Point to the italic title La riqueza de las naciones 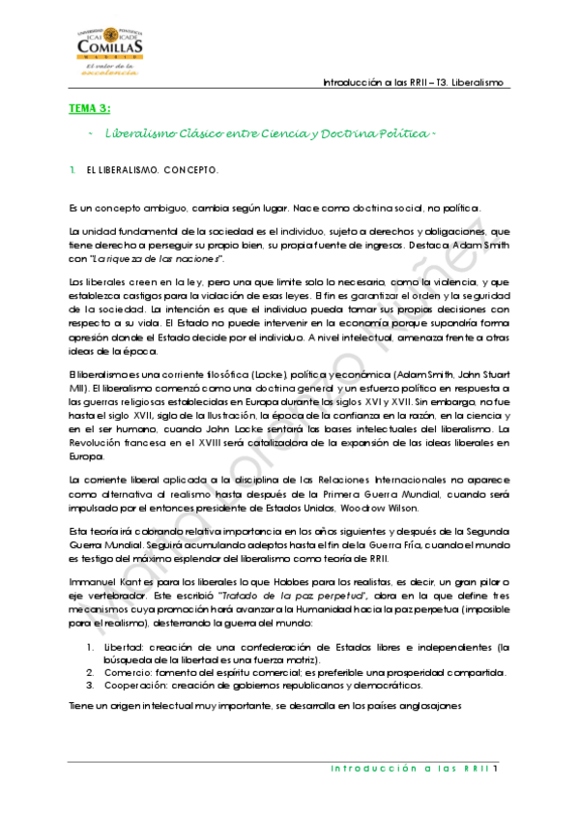point(176,259)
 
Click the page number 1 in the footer point(495,769)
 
